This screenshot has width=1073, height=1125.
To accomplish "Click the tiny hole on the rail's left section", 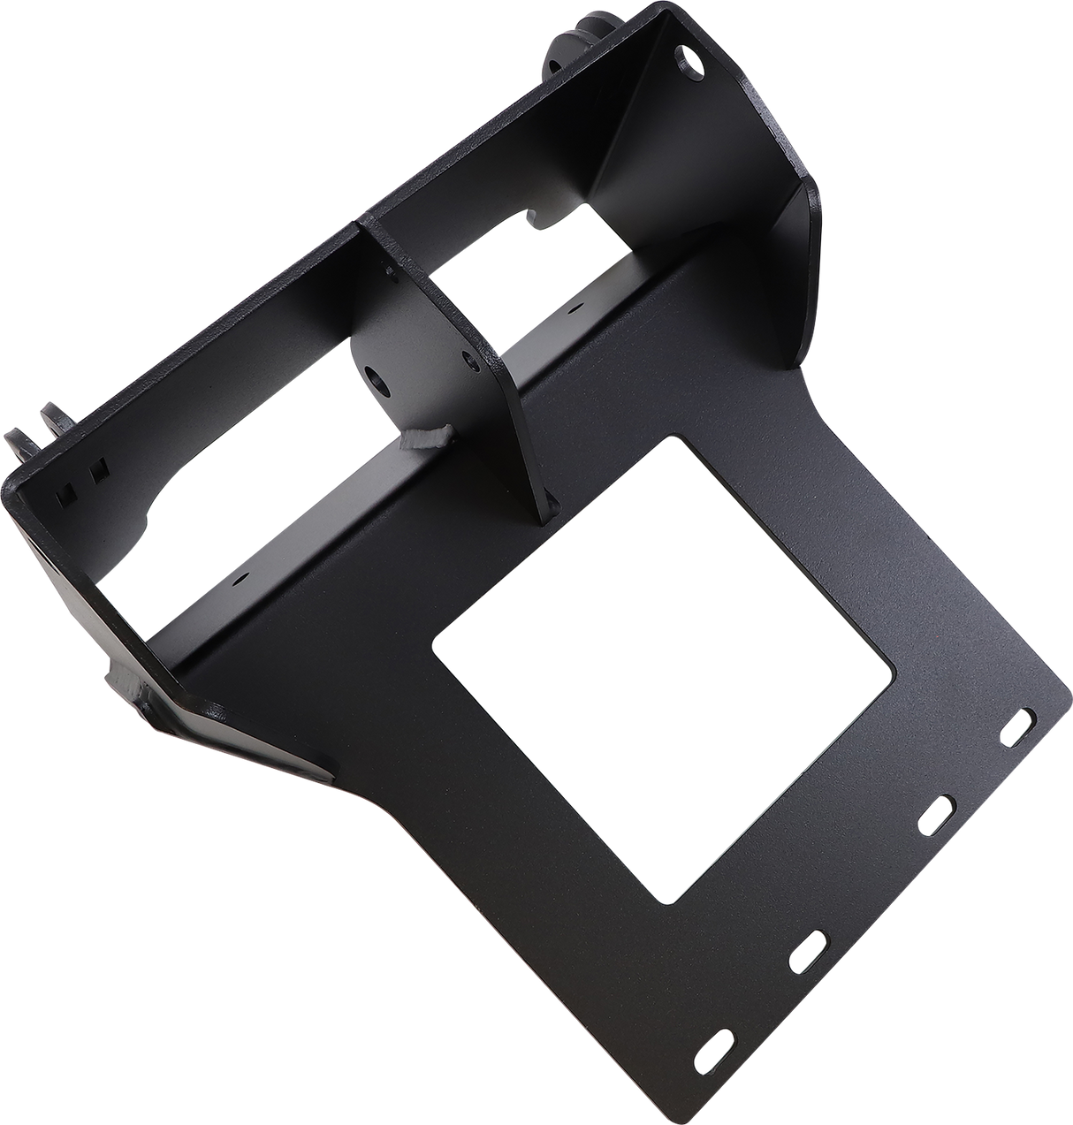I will coord(240,581).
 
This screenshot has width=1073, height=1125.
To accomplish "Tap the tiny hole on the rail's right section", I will coord(575,311).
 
